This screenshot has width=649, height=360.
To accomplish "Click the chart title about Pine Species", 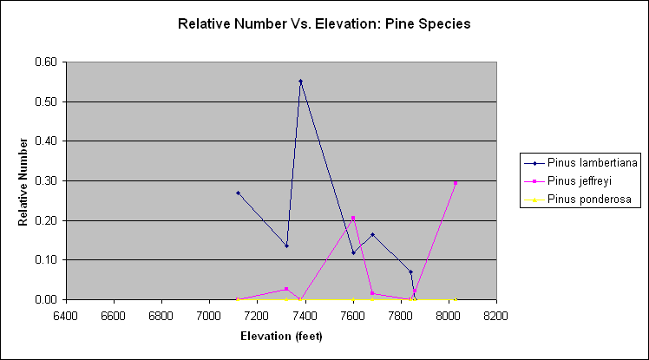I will pyautogui.click(x=324, y=24).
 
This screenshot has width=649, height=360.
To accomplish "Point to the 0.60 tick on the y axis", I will pyautogui.click(x=45, y=62).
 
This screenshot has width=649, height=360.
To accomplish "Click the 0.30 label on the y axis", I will pyautogui.click(x=45, y=181).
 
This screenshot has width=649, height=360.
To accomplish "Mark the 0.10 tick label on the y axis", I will pyautogui.click(x=45, y=260).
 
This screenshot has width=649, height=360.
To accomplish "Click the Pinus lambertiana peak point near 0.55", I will pyautogui.click(x=300, y=82).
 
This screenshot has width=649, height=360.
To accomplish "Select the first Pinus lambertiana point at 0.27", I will pyautogui.click(x=238, y=193).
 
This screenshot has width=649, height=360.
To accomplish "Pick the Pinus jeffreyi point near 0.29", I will pyautogui.click(x=456, y=183).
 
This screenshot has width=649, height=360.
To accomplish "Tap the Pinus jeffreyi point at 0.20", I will pyautogui.click(x=353, y=218).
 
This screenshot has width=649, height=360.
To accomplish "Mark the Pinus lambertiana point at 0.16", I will pyautogui.click(x=372, y=234).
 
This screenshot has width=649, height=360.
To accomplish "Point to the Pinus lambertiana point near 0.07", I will pyautogui.click(x=411, y=272).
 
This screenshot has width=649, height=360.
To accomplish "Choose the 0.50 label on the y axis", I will pyautogui.click(x=45, y=102).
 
